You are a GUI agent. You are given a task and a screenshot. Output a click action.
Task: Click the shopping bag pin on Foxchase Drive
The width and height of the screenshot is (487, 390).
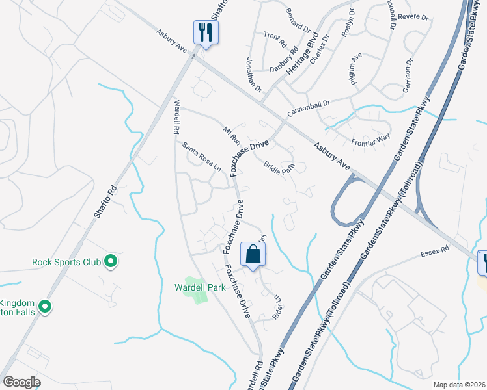tap(253, 255)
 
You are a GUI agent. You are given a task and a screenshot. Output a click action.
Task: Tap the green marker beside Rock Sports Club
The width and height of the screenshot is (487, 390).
tap(111, 262)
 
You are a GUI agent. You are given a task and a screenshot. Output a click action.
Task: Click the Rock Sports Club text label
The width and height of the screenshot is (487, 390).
tap(66, 263)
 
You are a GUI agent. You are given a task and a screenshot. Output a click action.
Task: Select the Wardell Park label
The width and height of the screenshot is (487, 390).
tap(200, 287)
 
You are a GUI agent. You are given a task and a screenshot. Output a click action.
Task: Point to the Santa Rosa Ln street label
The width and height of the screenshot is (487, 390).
tap(201, 158)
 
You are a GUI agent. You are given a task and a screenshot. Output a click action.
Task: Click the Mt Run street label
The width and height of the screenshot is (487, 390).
tap(232, 136)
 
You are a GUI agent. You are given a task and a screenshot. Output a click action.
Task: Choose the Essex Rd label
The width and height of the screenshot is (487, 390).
tap(436, 250)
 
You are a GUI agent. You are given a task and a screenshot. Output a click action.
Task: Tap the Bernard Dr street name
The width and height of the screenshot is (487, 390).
tap(298, 20)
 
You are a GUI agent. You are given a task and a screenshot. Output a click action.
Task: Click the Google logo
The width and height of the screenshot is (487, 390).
tap(21, 382)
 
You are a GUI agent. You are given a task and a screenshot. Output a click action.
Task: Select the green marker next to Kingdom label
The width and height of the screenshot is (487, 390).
tap(45, 306)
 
